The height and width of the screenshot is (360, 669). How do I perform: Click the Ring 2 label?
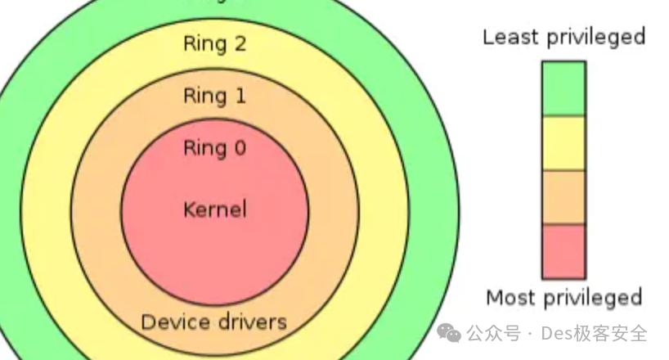(214, 43)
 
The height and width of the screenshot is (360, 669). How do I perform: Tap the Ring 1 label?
(214, 96)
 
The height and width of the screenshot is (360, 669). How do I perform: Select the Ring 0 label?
(214, 148)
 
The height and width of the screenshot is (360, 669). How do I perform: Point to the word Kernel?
(214, 209)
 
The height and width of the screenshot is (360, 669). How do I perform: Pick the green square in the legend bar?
(563, 88)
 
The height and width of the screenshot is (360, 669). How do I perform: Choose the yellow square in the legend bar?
(563, 143)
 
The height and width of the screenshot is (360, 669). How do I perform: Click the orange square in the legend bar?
(563, 197)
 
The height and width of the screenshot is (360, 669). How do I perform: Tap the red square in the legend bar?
(563, 251)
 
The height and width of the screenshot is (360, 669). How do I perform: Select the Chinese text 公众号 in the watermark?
(493, 334)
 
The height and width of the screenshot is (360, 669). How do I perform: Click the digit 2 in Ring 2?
(239, 43)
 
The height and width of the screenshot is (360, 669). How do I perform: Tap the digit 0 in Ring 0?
(239, 148)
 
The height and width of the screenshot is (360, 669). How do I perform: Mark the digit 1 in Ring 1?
(239, 96)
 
